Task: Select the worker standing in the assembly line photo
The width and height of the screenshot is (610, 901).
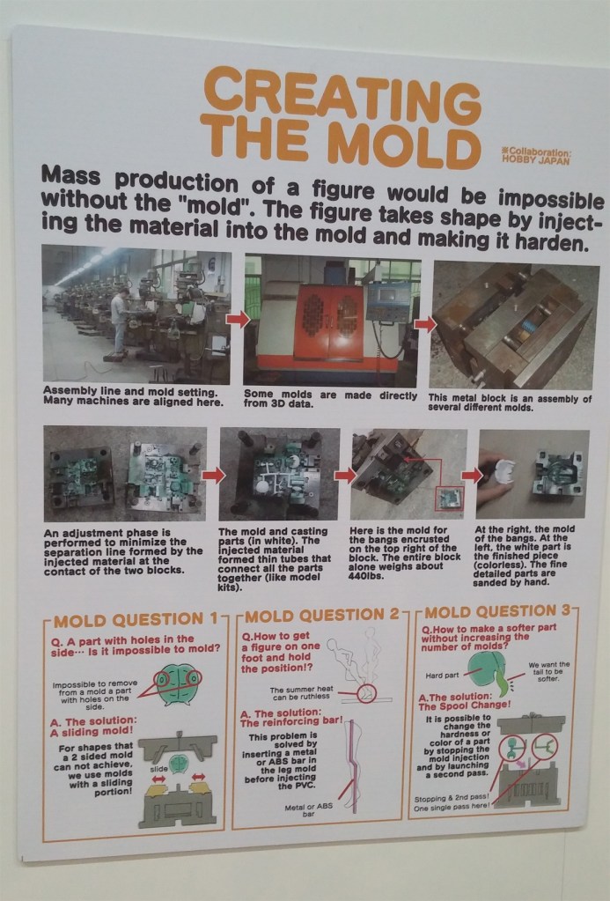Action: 120,323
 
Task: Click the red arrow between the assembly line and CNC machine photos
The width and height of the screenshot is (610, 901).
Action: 238,318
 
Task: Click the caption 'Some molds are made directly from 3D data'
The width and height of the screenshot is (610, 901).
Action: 330,399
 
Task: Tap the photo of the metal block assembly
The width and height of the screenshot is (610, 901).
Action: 511,325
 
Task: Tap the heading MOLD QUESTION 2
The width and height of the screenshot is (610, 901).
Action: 321,615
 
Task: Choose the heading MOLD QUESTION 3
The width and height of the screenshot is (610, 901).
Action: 498,611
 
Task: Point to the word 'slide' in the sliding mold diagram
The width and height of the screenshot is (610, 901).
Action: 159,768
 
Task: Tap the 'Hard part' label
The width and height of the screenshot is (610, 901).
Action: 442,676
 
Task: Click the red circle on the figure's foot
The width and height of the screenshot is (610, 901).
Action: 365,694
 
